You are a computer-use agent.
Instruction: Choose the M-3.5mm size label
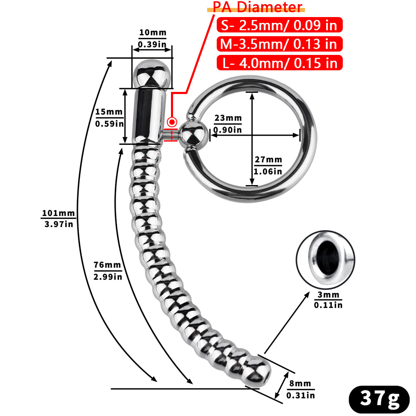279,44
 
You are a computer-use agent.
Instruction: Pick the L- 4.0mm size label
279,63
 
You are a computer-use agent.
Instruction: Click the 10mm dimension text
152,33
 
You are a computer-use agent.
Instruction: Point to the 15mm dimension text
109,112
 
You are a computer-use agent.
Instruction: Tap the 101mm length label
58,214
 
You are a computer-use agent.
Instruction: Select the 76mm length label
107,265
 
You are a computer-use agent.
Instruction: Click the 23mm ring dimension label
228,118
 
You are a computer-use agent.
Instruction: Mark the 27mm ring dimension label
268,160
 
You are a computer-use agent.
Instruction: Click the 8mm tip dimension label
300,384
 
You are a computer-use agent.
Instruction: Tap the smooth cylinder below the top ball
147,115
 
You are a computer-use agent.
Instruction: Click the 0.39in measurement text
152,45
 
